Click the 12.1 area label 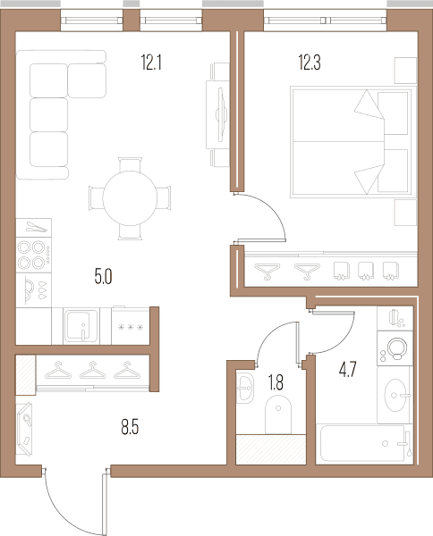(151, 63)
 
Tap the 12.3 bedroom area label (310, 63)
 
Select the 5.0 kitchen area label (104, 277)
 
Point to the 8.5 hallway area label (130, 427)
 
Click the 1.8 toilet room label (276, 382)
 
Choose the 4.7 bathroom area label (348, 370)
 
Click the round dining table (130, 198)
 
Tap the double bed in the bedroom (353, 142)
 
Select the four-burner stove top (34, 255)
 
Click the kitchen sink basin (81, 325)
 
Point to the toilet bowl (278, 415)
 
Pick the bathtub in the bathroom (365, 443)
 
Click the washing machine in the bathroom (395, 348)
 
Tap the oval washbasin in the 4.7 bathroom (395, 395)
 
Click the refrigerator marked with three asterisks (131, 326)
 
